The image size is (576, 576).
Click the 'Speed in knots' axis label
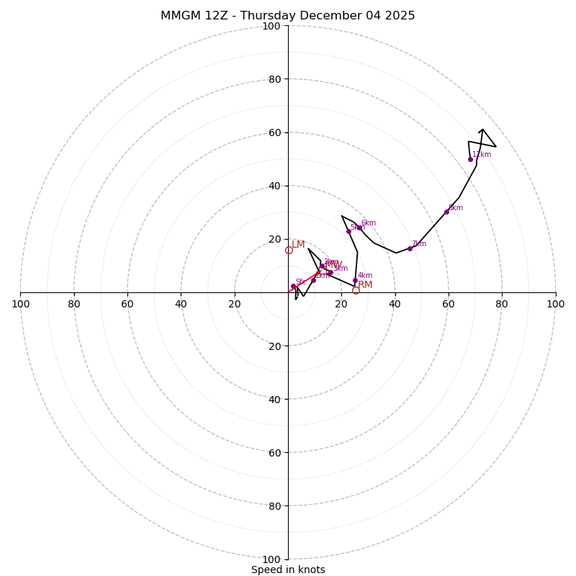pos(288,570)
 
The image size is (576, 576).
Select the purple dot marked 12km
pos(470,159)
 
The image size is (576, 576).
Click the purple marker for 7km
pos(410,248)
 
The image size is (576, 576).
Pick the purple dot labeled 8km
pos(446,212)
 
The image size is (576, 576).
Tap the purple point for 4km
pos(355,281)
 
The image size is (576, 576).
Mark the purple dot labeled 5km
pos(348,231)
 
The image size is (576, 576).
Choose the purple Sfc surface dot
pos(293,286)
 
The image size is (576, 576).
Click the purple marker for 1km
pos(313,280)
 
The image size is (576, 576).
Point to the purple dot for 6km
pos(360,228)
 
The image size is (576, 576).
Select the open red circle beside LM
pos(289,251)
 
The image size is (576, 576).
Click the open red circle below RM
pos(356,291)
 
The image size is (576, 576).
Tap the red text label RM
pos(365,285)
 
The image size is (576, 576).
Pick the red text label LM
pos(298,245)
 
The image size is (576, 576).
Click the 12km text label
pos(482,154)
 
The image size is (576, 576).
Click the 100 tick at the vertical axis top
pos(271,26)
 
